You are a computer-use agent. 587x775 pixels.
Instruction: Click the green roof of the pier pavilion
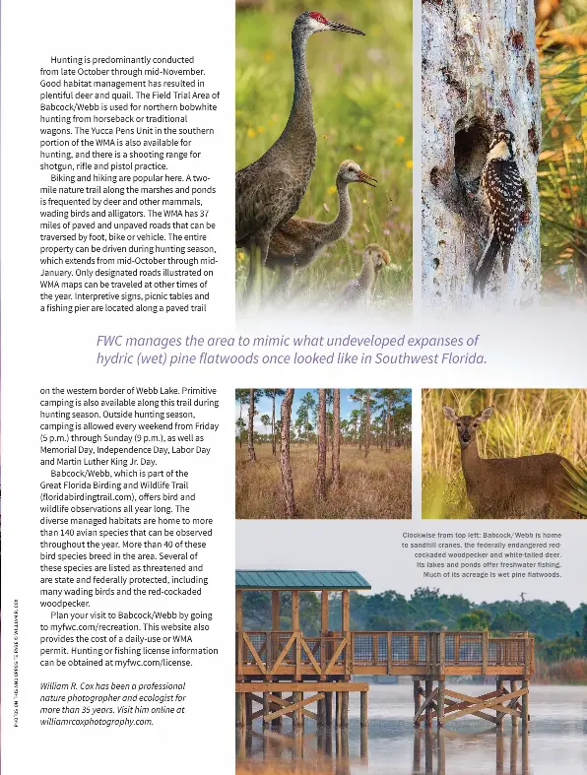tap(300, 580)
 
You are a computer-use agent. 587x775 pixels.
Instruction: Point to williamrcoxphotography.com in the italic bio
tap(97, 721)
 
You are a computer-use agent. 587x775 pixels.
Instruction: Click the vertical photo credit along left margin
tap(13, 669)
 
